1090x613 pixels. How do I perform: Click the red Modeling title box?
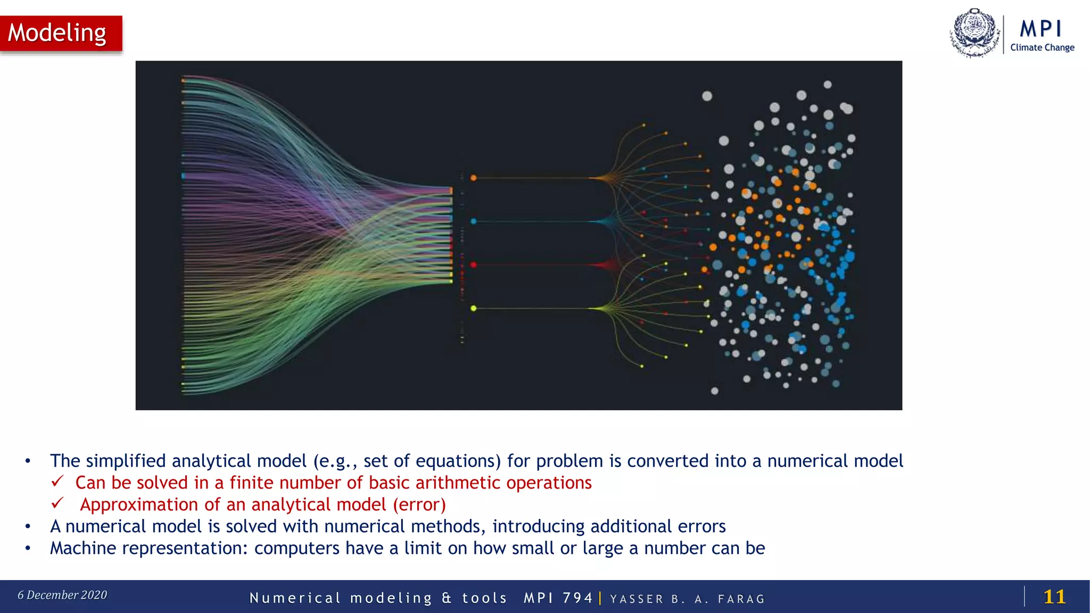(61, 33)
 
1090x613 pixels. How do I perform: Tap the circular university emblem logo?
(975, 33)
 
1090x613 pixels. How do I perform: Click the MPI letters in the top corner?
(1041, 29)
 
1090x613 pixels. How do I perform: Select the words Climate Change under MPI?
(1042, 47)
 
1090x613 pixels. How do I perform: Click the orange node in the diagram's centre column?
(473, 178)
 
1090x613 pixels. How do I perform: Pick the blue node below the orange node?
(473, 221)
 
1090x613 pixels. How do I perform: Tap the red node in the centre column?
(473, 264)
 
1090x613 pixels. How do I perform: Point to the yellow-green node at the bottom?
(473, 308)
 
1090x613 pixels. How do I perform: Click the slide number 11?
(1054, 597)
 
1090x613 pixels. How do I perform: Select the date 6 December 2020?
(62, 595)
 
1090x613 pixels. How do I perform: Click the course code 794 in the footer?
(577, 598)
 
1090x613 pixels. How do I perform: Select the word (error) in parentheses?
(419, 504)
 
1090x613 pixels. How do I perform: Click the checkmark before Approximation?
(57, 503)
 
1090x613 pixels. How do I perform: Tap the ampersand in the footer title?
(447, 598)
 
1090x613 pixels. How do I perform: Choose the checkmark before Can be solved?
(57, 481)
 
